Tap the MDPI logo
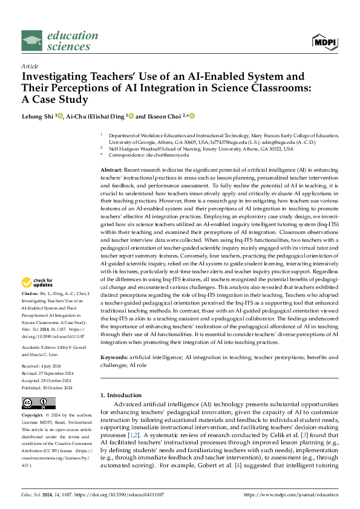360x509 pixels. (324, 41)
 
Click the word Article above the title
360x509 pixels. (30, 66)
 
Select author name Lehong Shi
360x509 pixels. (38, 116)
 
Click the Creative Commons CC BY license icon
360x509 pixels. (39, 404)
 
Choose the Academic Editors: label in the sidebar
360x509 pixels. (39, 331)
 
